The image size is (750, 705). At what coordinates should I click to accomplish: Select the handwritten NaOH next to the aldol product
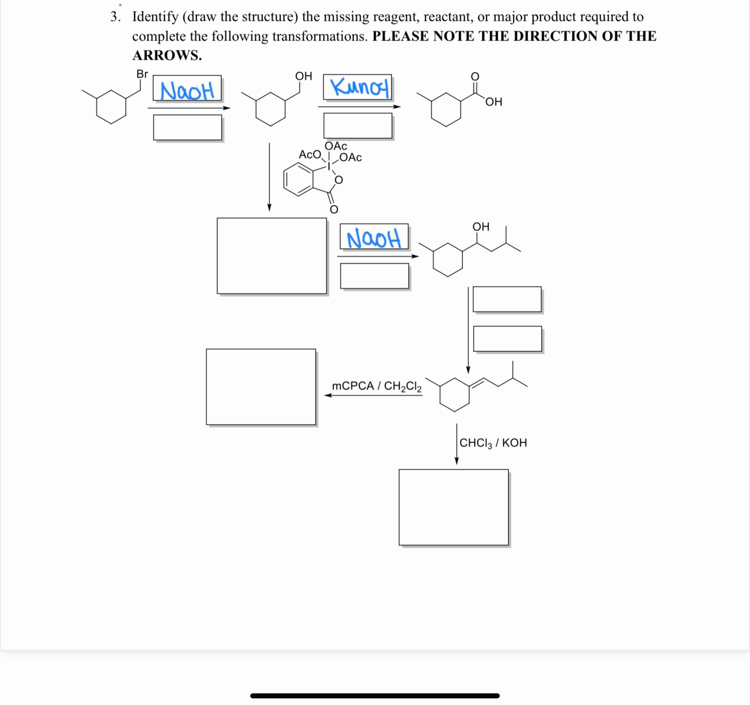(373, 239)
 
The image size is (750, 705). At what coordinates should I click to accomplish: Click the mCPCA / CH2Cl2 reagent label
(377, 386)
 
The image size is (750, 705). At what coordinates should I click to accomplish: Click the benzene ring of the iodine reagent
(298, 180)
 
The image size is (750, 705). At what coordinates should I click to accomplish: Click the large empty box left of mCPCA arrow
(261, 387)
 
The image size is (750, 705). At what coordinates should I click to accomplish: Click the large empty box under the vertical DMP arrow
(272, 255)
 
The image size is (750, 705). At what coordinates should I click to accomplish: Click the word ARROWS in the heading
(167, 55)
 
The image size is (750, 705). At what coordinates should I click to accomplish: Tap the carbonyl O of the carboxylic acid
(475, 77)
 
